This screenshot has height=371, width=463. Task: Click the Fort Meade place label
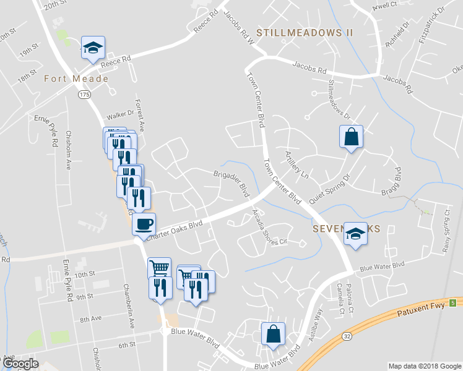[x=76, y=79]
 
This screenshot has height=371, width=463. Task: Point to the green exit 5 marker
[x=452, y=302]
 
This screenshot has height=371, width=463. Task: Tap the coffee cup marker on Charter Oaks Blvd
[x=144, y=224]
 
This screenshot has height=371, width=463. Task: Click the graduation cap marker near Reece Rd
[x=93, y=48]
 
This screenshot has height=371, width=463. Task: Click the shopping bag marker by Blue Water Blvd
[x=273, y=334]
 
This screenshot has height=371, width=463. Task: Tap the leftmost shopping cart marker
[x=160, y=268]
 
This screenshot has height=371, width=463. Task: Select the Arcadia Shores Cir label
[x=268, y=231]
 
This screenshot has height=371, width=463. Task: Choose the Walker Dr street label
[x=120, y=114]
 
